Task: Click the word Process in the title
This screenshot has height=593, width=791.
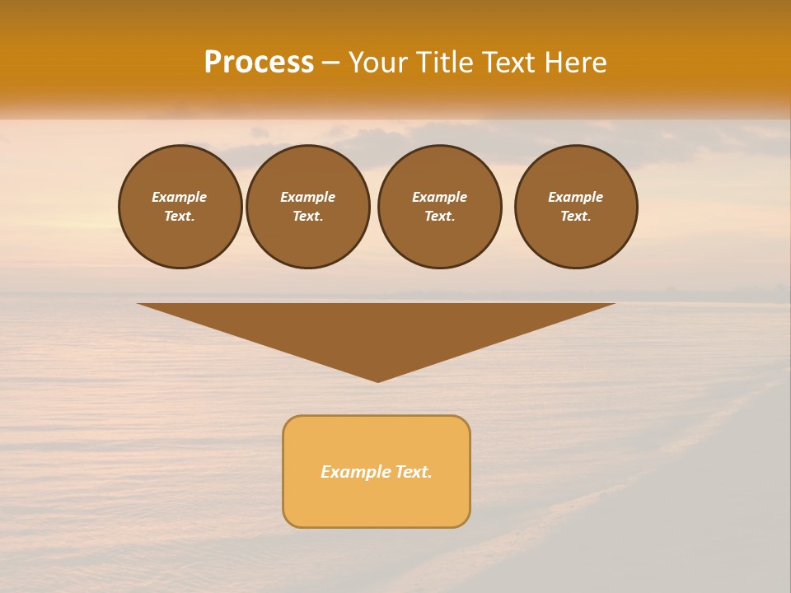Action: point(259,63)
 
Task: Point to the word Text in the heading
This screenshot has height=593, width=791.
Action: point(507,63)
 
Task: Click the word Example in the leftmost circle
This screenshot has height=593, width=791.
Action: point(180,197)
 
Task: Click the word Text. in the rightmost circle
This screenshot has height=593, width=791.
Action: point(576,216)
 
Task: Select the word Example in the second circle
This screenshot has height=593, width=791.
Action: point(308,197)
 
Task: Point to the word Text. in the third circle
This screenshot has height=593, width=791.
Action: point(439,216)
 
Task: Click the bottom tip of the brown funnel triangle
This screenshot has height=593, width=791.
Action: point(377,380)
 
